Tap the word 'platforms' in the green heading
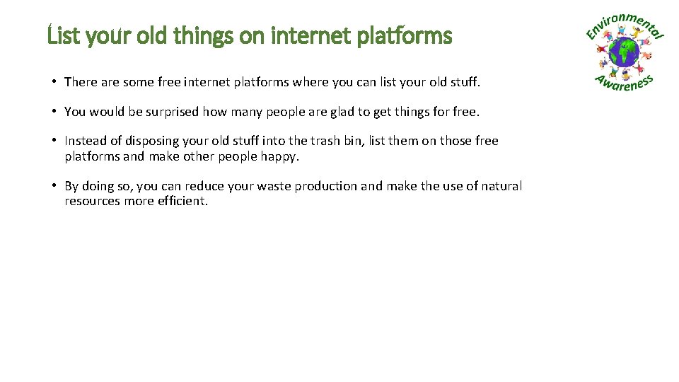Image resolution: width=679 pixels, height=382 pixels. coord(404,36)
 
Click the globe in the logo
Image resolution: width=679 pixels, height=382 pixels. coord(624,52)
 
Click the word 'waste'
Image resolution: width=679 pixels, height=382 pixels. coord(274,186)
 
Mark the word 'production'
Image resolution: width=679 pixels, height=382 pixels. coord(326,186)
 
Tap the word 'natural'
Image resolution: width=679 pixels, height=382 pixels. coord(501,186)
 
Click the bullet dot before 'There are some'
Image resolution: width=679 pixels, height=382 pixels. coord(54,81)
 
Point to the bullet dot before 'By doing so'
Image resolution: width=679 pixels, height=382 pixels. coord(54,186)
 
